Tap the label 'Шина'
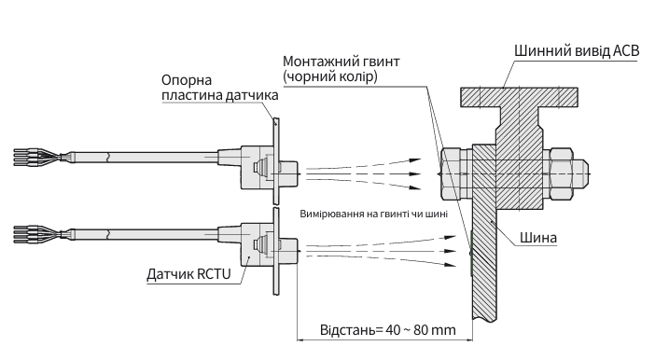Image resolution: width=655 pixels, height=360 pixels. coord(540,238)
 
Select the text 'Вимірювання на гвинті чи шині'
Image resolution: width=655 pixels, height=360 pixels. coord(374,214)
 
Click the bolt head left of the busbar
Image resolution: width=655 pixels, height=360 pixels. coord(449,174)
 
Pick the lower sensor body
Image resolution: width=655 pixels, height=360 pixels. coord(244,245)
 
